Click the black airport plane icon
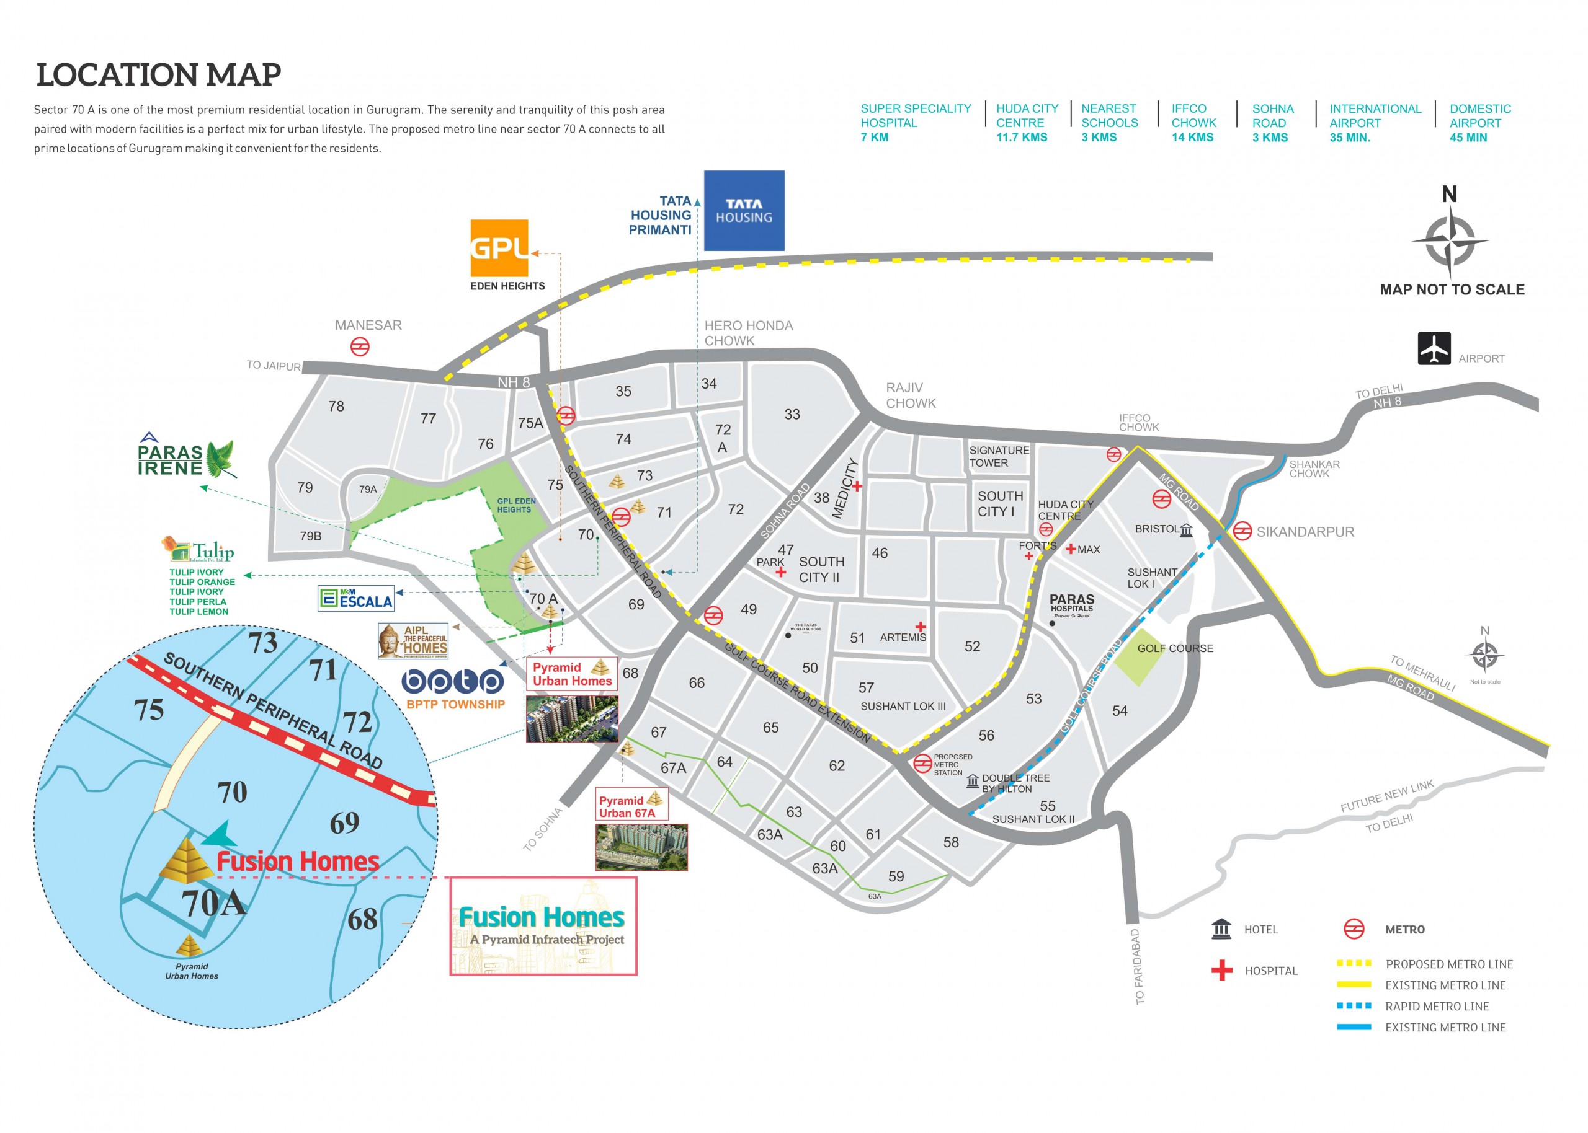click(x=1434, y=348)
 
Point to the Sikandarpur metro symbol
click(x=1242, y=531)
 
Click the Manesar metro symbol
click(x=360, y=346)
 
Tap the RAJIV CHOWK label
click(x=910, y=395)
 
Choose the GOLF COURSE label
click(x=1175, y=648)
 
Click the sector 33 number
click(x=792, y=415)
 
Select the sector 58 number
click(x=951, y=842)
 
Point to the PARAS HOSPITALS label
click(x=1071, y=604)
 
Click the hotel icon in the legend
click(x=1221, y=928)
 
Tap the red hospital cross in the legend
click(x=1221, y=970)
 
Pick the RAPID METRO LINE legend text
click(x=1437, y=1006)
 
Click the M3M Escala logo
click(x=356, y=598)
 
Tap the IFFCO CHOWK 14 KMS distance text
click(x=1193, y=123)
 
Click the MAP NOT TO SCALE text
click(x=1452, y=289)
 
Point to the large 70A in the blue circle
click(x=213, y=904)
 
